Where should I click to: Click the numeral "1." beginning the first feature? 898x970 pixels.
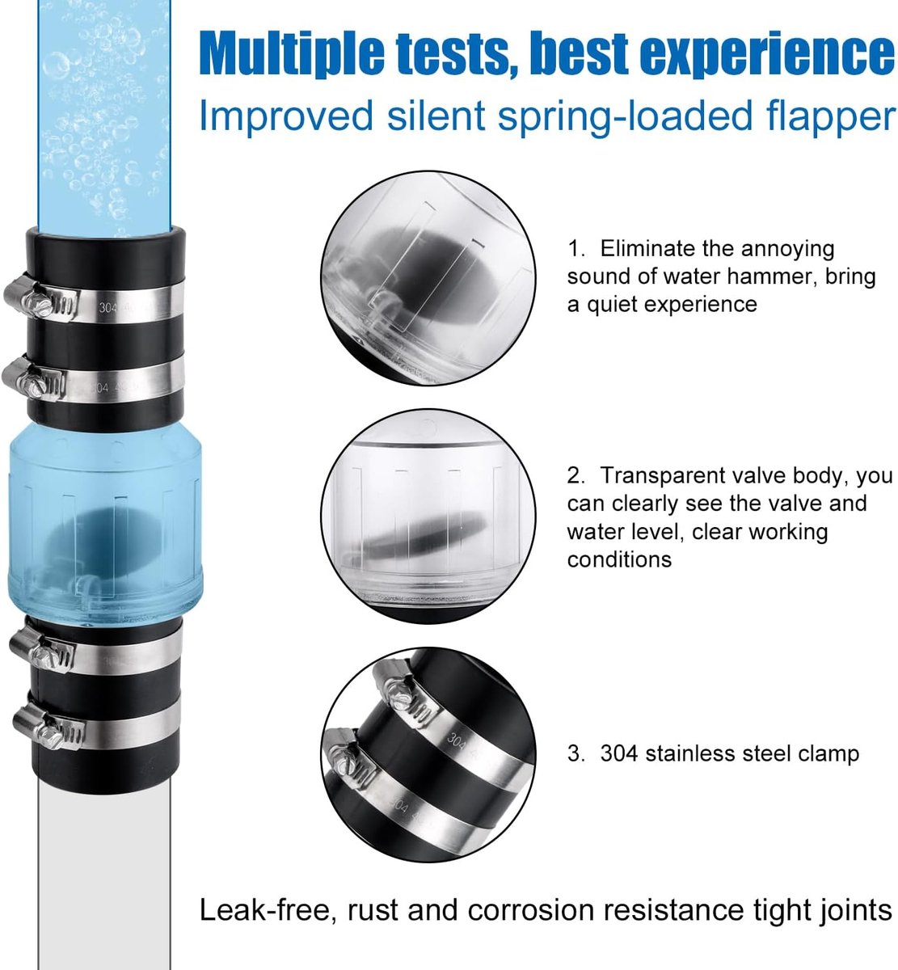point(575,249)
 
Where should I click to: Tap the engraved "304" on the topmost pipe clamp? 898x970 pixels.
point(108,308)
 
